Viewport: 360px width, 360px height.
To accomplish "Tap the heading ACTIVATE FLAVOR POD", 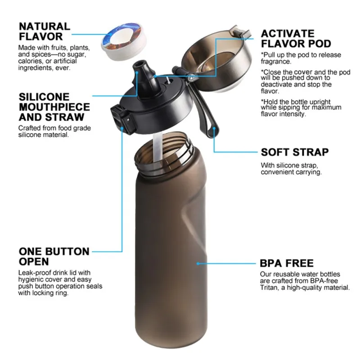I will (296, 38).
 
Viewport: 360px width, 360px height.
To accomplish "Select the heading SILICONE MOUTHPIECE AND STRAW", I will (54, 107).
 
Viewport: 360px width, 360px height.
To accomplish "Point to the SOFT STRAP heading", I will (295, 152).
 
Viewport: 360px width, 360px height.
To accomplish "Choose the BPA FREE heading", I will (287, 263).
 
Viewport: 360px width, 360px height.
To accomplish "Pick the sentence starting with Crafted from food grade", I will (54, 131).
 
